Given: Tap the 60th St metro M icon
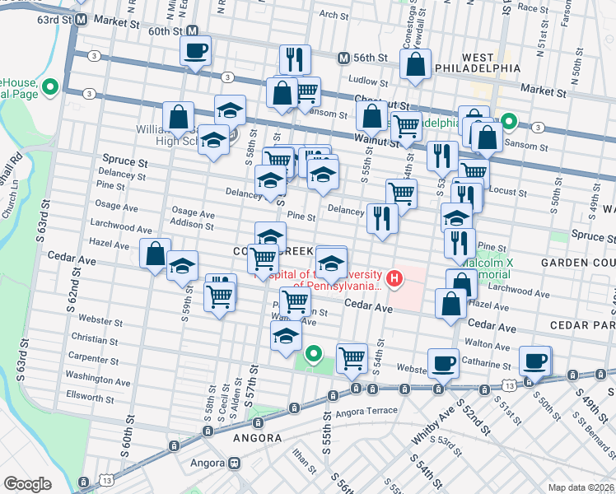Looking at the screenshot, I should pos(193,31).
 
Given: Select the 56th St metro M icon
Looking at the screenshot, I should pos(344,58).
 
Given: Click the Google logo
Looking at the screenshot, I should pos(27,484).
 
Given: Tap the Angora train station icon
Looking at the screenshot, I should pos(235,463).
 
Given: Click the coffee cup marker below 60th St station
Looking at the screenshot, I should pos(196,52).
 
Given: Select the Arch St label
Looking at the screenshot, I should pos(334,14).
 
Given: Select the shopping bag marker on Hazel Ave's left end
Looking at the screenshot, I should pos(156,254).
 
